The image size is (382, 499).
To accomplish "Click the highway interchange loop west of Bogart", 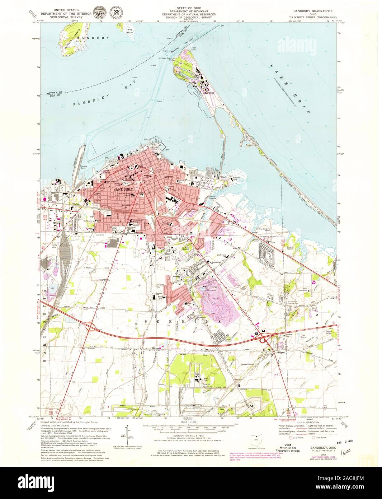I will [x=264, y=338].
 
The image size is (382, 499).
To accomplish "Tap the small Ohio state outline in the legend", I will [x=256, y=440].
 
